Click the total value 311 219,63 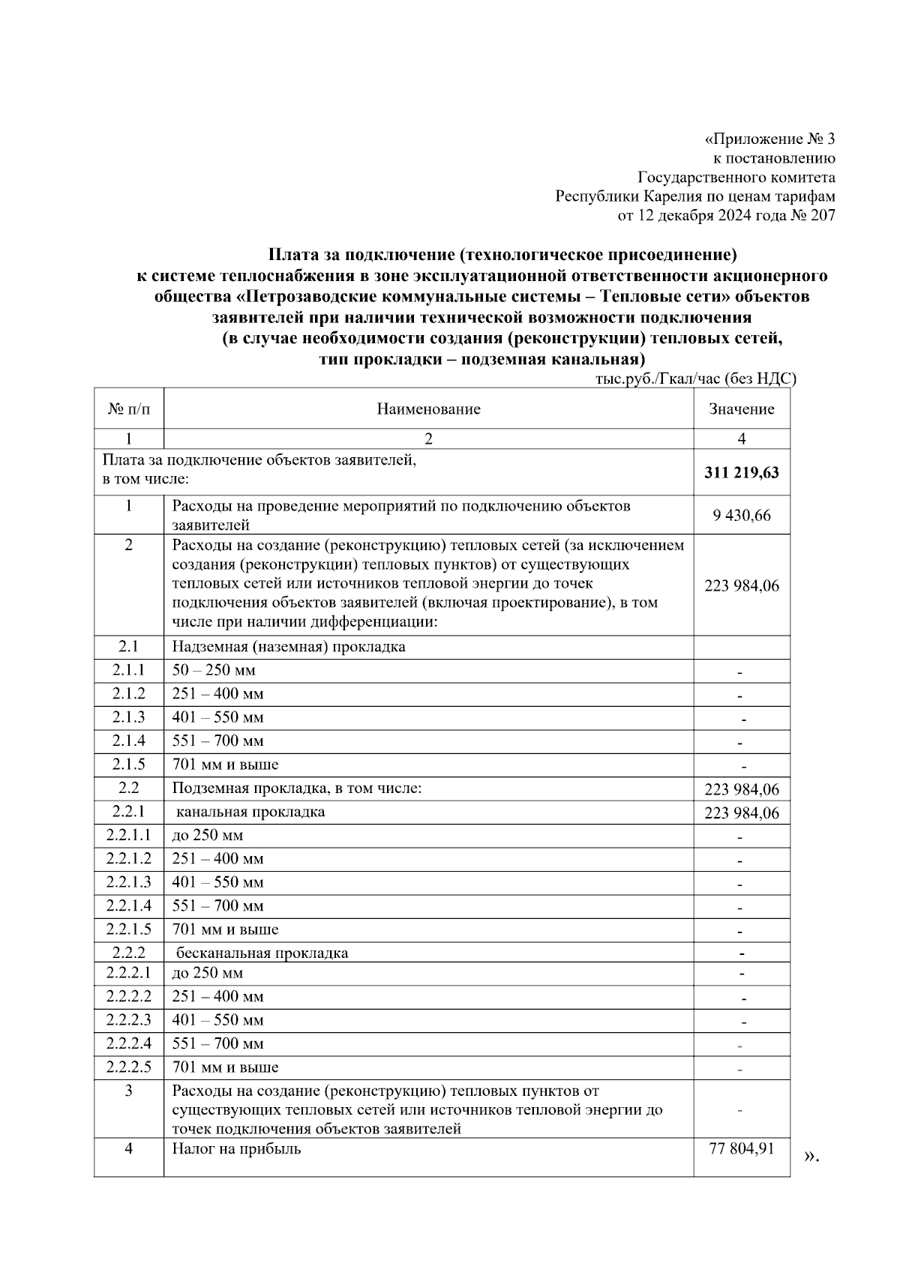(x=741, y=473)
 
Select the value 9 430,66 (x=741, y=516)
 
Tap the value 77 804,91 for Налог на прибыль (x=741, y=1148)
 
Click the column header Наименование (x=428, y=409)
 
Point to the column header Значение (x=741, y=409)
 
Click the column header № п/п (x=128, y=409)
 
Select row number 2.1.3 (x=128, y=717)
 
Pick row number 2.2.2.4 (x=128, y=1043)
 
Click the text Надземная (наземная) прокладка (x=289, y=647)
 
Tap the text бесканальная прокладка (x=262, y=953)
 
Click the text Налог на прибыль (x=236, y=1148)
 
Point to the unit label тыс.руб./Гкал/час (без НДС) (x=695, y=379)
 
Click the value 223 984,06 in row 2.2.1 (x=741, y=813)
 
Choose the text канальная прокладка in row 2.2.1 (x=250, y=812)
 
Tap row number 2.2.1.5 (x=128, y=929)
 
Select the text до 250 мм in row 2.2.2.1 (x=208, y=973)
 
